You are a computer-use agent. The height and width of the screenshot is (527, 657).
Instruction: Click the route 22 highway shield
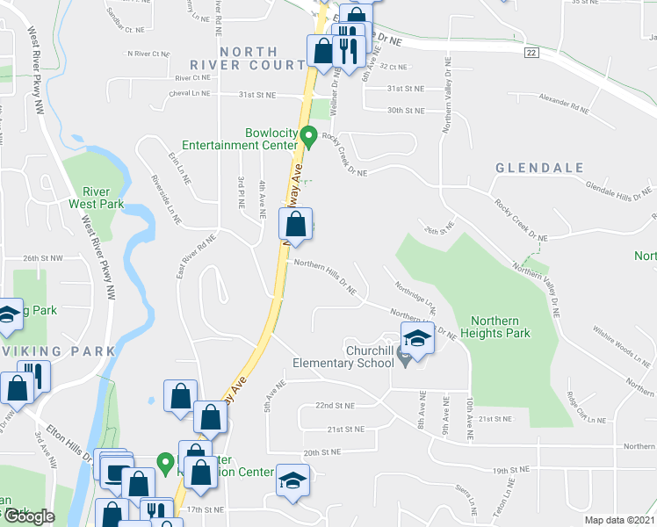(531, 54)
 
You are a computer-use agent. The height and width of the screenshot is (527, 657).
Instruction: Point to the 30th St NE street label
(406, 111)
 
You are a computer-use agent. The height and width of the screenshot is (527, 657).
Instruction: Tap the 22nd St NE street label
(335, 406)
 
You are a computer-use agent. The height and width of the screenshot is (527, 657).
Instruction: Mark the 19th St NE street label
(513, 471)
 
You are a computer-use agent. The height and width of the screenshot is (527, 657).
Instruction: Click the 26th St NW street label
(44, 258)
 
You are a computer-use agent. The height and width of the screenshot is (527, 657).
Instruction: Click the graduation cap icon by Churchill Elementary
(417, 339)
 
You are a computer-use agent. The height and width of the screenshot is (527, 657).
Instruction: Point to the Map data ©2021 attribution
(620, 520)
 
